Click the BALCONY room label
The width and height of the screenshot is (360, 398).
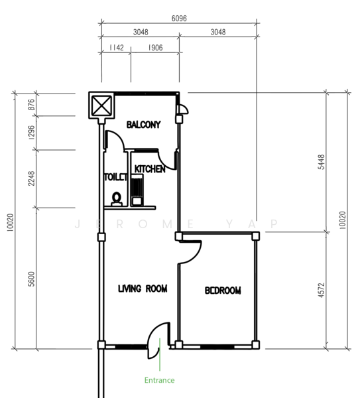point(144,125)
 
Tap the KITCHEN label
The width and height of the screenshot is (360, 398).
point(150,169)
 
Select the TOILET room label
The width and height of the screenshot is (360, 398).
point(115,177)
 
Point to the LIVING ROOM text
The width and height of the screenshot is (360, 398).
point(143,289)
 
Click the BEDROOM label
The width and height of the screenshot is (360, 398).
point(223,291)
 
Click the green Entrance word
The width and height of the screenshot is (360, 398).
point(159,380)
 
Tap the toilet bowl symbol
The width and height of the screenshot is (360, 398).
point(117,199)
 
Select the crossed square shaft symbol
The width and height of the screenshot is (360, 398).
point(101,105)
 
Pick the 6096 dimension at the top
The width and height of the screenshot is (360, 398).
point(179,19)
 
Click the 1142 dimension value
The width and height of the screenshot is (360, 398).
point(117,48)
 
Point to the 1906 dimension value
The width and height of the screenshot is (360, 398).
point(155,48)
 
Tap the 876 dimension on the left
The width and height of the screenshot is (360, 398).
point(31,105)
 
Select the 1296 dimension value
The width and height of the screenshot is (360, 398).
point(31,133)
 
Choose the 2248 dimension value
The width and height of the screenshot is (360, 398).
point(31,178)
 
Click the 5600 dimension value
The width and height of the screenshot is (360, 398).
point(31,279)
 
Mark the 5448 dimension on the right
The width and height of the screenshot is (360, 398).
point(322,162)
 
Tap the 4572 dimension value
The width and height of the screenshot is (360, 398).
point(322,290)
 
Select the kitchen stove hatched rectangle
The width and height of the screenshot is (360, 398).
point(137,190)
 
